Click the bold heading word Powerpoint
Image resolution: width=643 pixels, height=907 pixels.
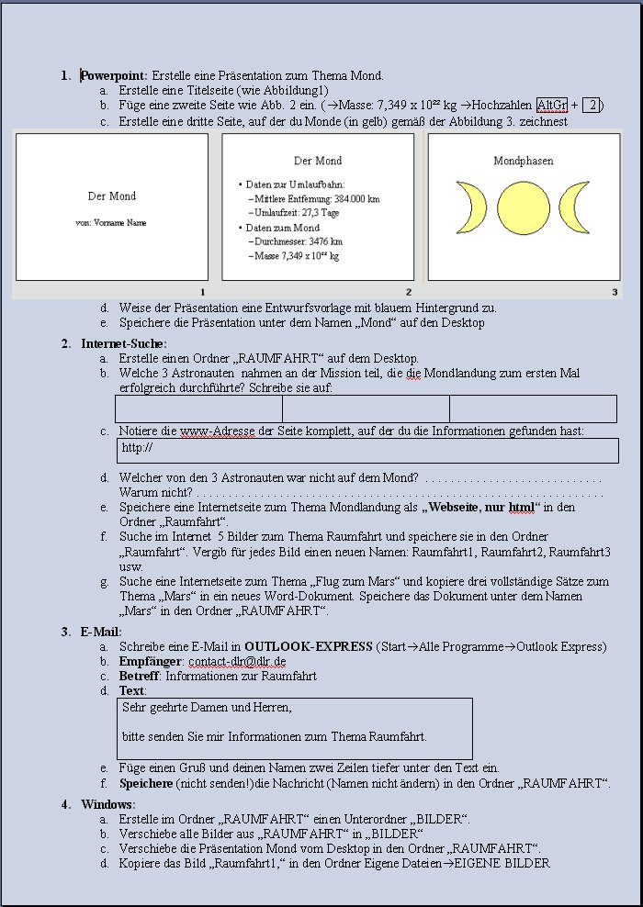pos(115,75)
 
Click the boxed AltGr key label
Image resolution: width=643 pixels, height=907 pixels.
pos(552,106)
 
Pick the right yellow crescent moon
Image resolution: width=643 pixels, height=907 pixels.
pos(576,207)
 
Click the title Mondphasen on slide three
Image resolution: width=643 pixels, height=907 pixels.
pos(524,161)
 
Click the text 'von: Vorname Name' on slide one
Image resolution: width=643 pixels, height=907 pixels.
pos(111,222)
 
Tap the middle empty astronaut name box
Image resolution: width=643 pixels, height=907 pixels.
pos(366,409)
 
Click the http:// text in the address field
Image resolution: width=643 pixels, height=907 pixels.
pos(137,448)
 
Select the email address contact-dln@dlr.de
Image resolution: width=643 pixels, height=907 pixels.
pos(240,661)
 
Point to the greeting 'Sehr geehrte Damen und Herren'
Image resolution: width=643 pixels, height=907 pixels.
pos(207,707)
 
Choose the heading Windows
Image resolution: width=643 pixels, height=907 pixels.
pos(107,804)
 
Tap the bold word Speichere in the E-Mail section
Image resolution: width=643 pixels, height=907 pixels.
pos(146,783)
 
